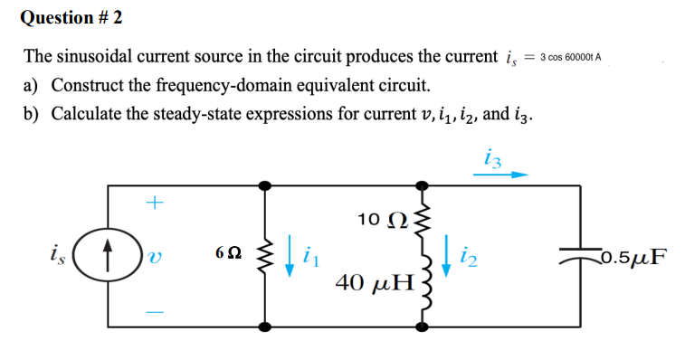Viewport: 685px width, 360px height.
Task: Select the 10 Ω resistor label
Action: [378, 219]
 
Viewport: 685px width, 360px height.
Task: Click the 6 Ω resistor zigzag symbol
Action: [265, 255]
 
